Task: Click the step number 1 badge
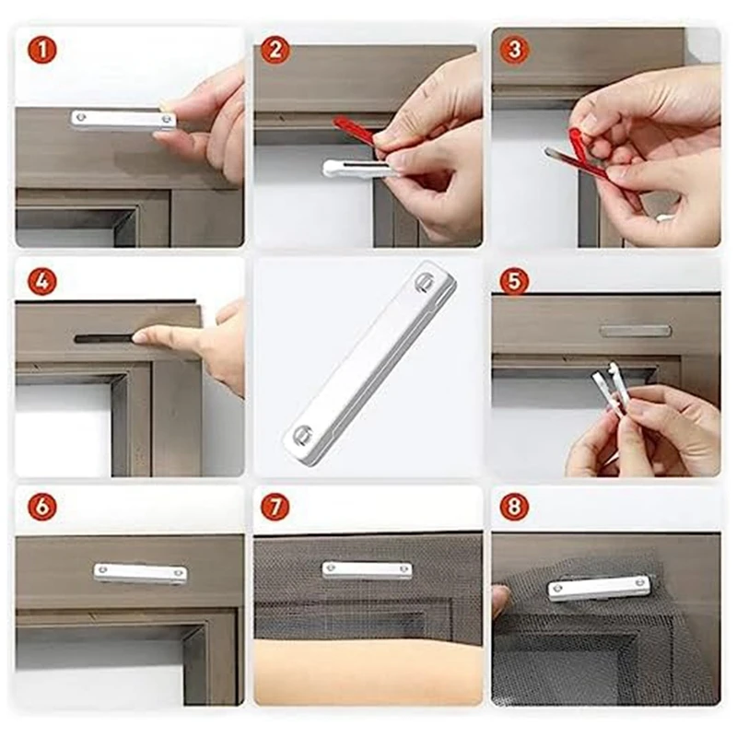click(42, 51)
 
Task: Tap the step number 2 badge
click(275, 51)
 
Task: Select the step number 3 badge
click(514, 50)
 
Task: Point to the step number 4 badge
click(42, 281)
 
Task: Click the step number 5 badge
click(514, 281)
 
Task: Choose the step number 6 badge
click(42, 507)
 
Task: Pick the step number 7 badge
click(275, 507)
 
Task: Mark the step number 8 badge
click(514, 507)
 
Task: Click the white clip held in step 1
click(123, 120)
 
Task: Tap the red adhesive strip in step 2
click(354, 132)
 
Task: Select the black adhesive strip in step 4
click(106, 338)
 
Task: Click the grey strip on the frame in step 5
click(636, 332)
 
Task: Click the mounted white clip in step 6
click(140, 574)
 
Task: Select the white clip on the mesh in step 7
click(367, 570)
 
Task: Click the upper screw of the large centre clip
click(424, 282)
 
